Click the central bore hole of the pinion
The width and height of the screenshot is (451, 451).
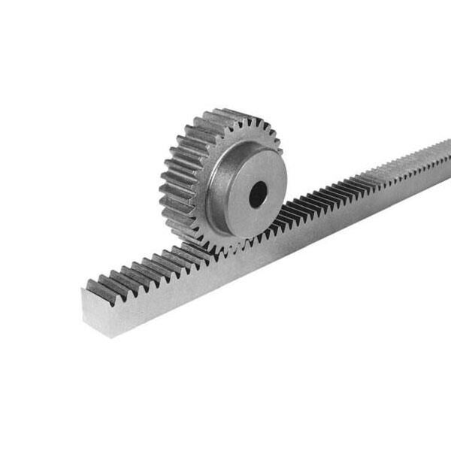point(258,195)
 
